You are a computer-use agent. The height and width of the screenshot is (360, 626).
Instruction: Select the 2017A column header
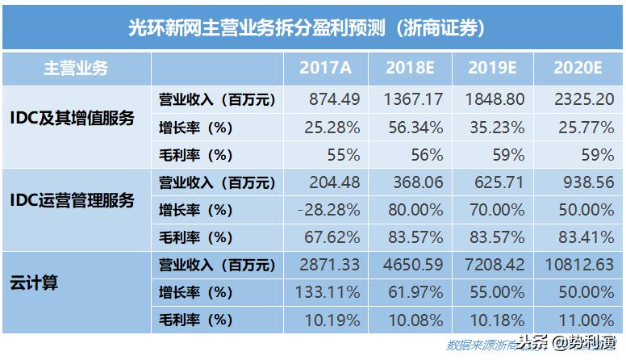point(327,69)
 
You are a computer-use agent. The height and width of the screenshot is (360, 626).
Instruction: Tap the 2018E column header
point(412,69)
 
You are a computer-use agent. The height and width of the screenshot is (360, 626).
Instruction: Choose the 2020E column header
point(579,69)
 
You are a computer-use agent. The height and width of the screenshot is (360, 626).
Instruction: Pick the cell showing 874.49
point(334,100)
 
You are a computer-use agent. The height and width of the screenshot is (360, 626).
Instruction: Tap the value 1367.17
point(411,100)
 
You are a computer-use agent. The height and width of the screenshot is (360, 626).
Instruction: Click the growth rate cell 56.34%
point(411,128)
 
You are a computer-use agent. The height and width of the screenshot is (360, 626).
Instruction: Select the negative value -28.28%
point(328,210)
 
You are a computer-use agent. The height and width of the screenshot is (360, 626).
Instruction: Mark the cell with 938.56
point(582,182)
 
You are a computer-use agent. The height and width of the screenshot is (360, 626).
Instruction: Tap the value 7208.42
point(495,265)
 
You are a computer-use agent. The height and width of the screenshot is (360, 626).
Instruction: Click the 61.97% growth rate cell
point(411,292)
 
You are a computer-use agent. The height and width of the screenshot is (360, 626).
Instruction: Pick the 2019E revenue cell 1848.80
point(495,100)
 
